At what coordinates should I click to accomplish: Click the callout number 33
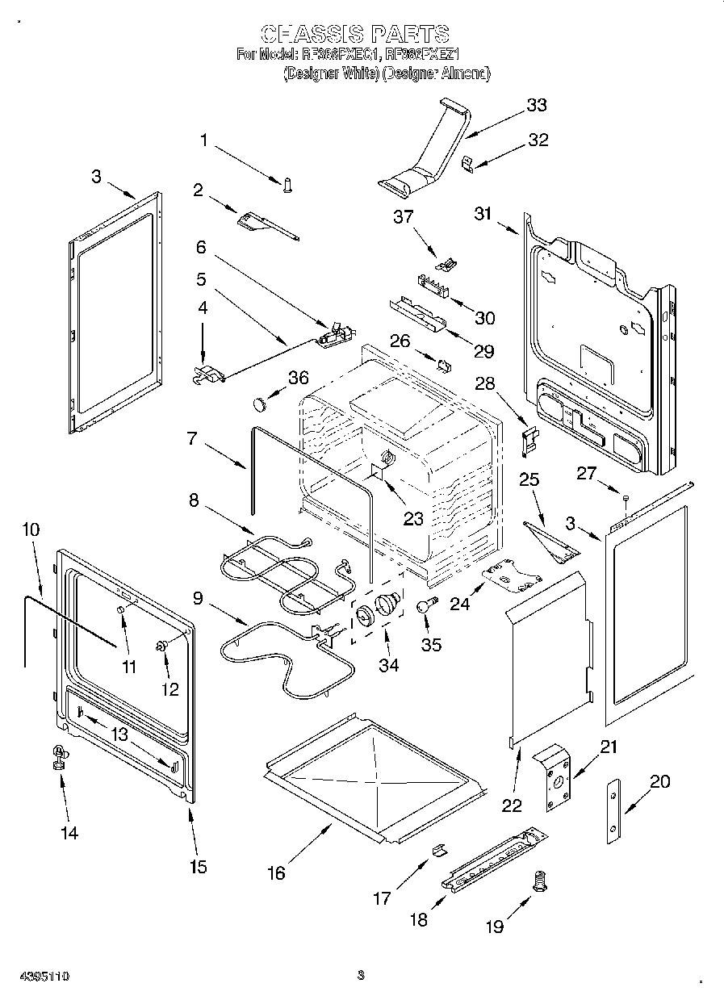(536, 105)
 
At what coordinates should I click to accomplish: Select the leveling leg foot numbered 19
(539, 884)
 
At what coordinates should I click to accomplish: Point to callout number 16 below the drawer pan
(276, 873)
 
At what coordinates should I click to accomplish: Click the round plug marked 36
(260, 401)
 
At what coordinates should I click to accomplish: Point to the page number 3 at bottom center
(361, 975)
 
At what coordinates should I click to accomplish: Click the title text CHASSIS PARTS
(355, 34)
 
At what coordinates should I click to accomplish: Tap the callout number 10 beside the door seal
(31, 529)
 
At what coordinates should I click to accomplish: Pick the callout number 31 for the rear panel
(483, 213)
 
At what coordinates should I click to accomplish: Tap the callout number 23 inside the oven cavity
(413, 519)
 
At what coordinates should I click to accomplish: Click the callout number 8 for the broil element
(194, 500)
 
